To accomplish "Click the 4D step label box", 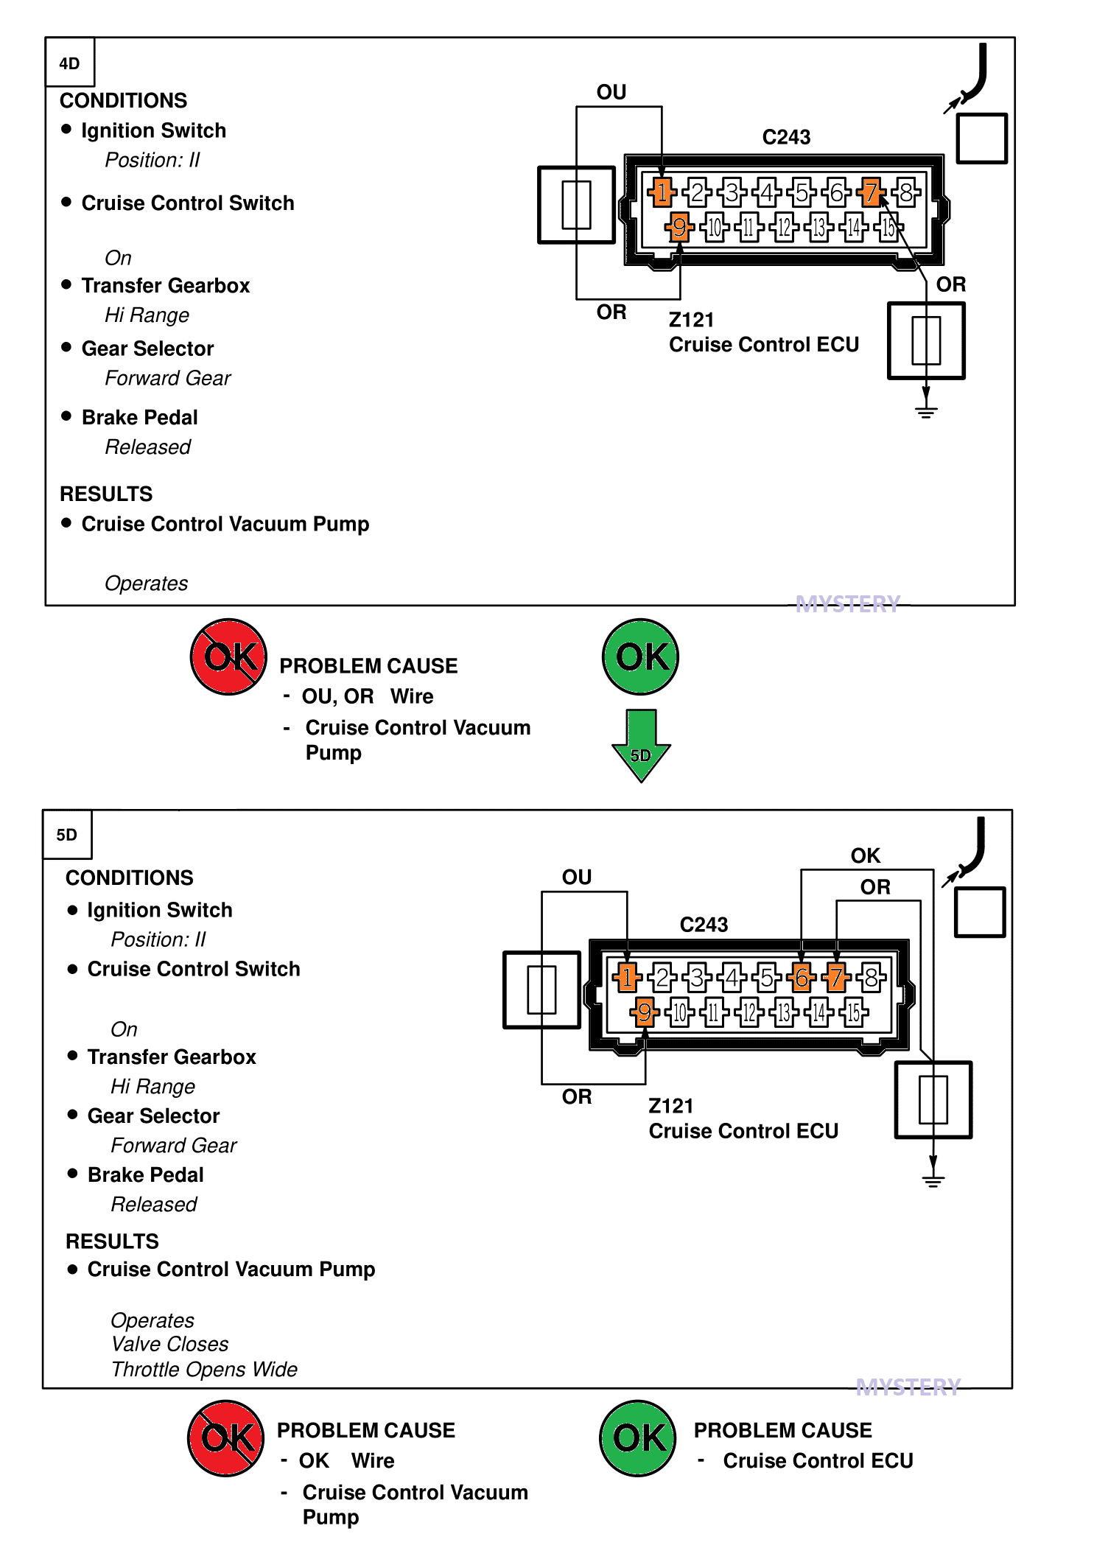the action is pyautogui.click(x=70, y=62).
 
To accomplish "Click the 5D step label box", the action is pyautogui.click(x=67, y=834).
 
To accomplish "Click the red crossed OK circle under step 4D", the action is pyautogui.click(x=228, y=656).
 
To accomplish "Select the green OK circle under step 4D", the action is pyautogui.click(x=640, y=656).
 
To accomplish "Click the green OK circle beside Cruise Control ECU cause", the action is pyautogui.click(x=638, y=1438).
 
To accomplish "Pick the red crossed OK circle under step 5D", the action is pyautogui.click(x=225, y=1438).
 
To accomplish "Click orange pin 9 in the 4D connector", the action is pyautogui.click(x=679, y=226).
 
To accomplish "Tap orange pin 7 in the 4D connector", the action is pyautogui.click(x=872, y=193).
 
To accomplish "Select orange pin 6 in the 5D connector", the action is pyautogui.click(x=802, y=978).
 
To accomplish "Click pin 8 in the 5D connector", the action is pyautogui.click(x=872, y=978).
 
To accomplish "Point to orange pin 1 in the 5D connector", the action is pyautogui.click(x=627, y=978).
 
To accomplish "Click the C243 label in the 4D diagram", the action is pyautogui.click(x=786, y=137).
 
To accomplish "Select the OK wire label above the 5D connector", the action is pyautogui.click(x=866, y=855).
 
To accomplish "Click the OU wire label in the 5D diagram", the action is pyautogui.click(x=577, y=877).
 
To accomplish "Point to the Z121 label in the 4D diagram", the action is pyautogui.click(x=692, y=320).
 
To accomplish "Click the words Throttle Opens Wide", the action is pyautogui.click(x=204, y=1369).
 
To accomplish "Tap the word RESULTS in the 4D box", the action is pyautogui.click(x=106, y=494).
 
